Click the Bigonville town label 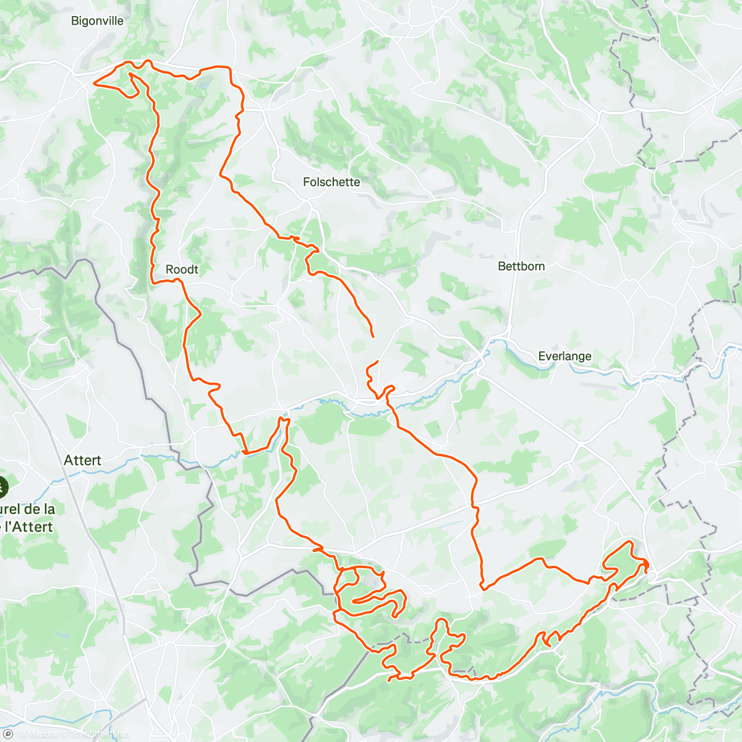point(97,21)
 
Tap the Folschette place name point(331,182)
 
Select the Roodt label point(182,270)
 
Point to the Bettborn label point(521,267)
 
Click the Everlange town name point(565,356)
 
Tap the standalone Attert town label point(82,461)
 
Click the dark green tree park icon point(2,486)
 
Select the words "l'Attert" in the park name point(30,527)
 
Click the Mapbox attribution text point(41,734)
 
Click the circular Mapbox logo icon point(9,733)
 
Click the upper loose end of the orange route point(373,336)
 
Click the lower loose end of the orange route point(377,361)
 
